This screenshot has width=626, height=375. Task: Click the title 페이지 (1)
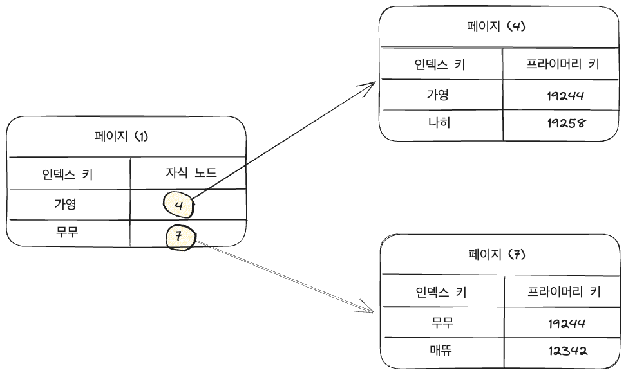pos(121,137)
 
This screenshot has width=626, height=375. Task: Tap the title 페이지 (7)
pos(497,254)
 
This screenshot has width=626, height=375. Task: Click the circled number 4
pos(178,205)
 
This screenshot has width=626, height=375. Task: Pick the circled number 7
pos(180,237)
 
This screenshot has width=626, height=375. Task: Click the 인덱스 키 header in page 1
pos(68,174)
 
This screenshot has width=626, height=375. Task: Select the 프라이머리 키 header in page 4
pos(562,64)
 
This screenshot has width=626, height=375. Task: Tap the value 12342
pos(563,351)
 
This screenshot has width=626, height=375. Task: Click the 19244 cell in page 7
pos(563,322)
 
